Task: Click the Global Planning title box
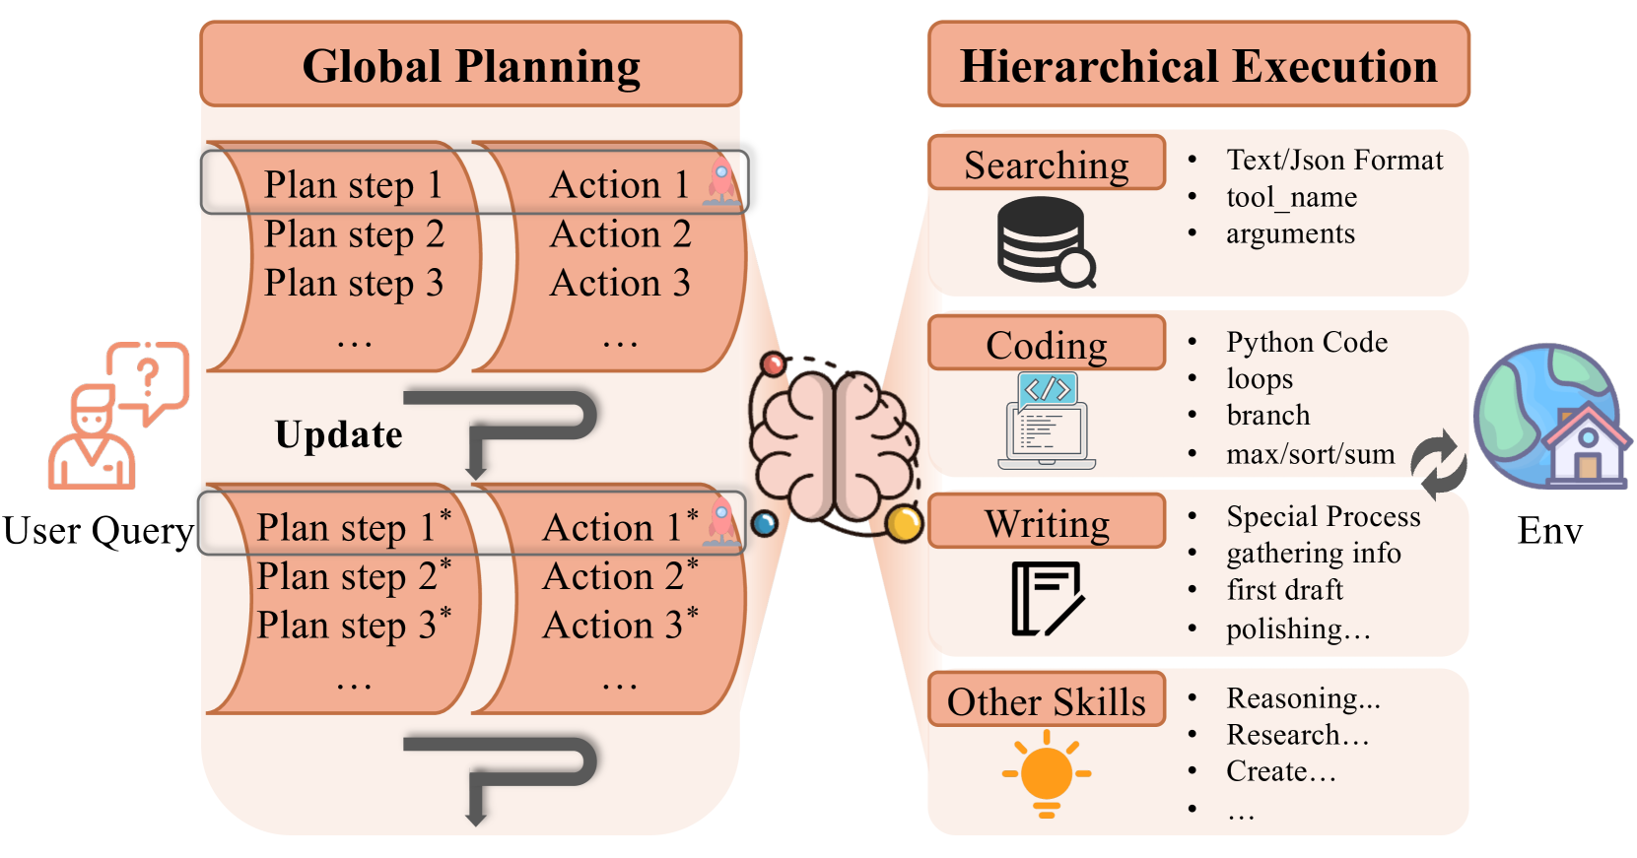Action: pyautogui.click(x=470, y=64)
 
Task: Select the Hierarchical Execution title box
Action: pyautogui.click(x=1197, y=64)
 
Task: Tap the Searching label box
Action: pyautogui.click(x=1046, y=163)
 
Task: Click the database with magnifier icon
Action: pyautogui.click(x=1046, y=241)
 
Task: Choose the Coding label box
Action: pyautogui.click(x=1046, y=343)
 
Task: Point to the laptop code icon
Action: pyautogui.click(x=1047, y=421)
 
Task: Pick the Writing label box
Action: pyautogui.click(x=1046, y=521)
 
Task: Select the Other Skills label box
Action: pyautogui.click(x=1046, y=700)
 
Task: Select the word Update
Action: pyautogui.click(x=338, y=434)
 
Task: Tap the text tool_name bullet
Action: pyautogui.click(x=1291, y=197)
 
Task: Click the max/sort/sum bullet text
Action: pyautogui.click(x=1310, y=454)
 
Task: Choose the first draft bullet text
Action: pyautogui.click(x=1284, y=589)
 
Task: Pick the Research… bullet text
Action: pyautogui.click(x=1297, y=735)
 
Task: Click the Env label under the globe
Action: pyautogui.click(x=1549, y=531)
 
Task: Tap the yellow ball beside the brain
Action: pyautogui.click(x=903, y=524)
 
